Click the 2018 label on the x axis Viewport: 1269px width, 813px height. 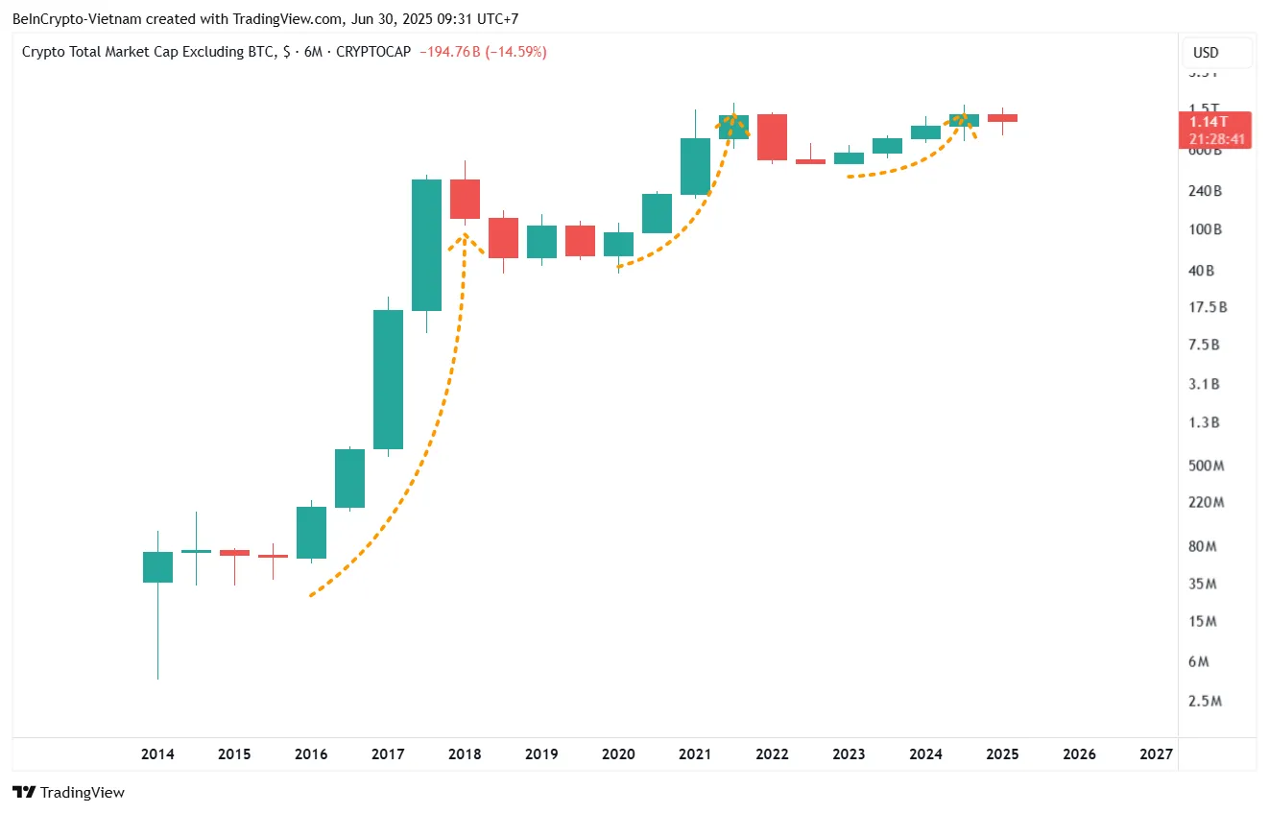click(465, 754)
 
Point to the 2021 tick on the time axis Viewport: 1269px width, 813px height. click(695, 754)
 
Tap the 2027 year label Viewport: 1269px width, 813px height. click(1156, 754)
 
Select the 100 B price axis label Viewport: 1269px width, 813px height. click(1205, 230)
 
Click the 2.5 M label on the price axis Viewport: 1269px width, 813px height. click(1205, 702)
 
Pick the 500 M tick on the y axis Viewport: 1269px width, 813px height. click(1205, 466)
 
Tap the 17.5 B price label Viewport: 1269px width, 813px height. click(1208, 307)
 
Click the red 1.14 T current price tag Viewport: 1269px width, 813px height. click(1215, 122)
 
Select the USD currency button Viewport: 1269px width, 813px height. click(1206, 53)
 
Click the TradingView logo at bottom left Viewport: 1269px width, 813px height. click(69, 793)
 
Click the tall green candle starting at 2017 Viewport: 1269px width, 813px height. click(388, 379)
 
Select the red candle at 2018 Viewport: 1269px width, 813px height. click(465, 200)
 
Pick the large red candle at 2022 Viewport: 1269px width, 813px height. click(772, 137)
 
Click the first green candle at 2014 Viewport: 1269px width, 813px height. click(157, 567)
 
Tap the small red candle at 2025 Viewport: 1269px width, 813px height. click(1002, 118)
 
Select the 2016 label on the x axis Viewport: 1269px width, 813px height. click(311, 754)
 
